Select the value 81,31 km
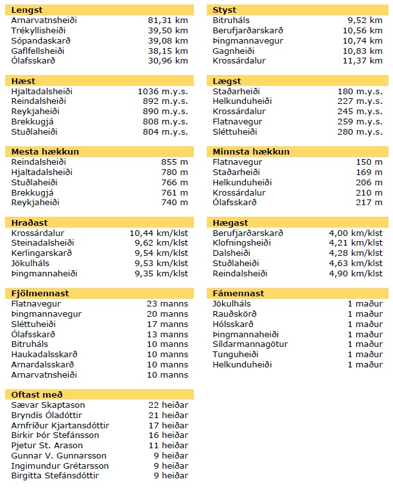168,21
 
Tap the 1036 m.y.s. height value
162,92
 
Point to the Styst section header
224,10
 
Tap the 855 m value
175,162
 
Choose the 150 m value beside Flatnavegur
369,162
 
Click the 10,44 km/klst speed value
159,233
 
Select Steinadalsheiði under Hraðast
42,243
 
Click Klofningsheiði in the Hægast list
244,243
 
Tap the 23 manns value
167,304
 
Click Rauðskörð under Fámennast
234,314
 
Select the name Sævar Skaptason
48,405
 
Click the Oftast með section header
37,394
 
